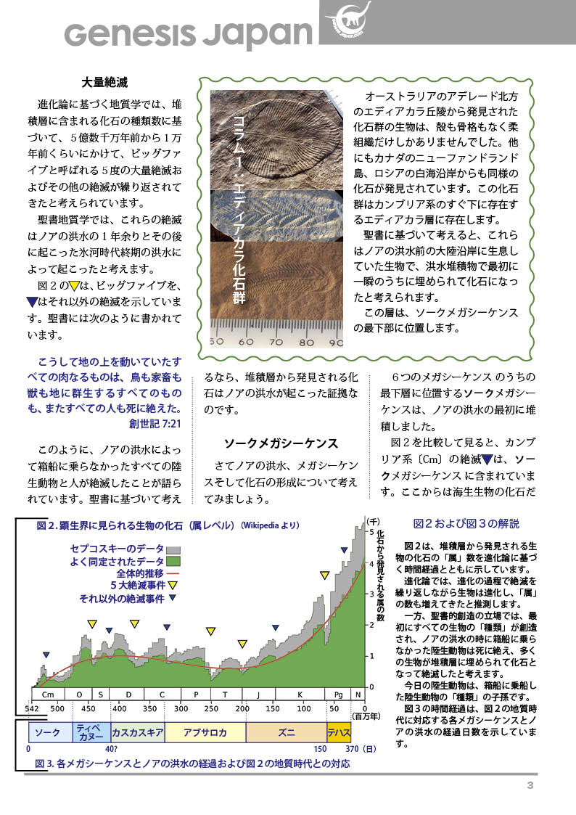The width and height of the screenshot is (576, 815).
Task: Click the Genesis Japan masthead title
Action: point(188,33)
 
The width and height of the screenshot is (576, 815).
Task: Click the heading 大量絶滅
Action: point(105,81)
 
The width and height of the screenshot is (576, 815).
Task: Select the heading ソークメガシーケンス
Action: point(280,443)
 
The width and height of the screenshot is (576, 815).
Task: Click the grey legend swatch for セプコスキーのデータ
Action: point(173,550)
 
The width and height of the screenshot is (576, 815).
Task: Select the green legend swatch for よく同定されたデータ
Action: point(173,562)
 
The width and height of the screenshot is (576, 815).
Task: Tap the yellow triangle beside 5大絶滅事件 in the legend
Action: point(173,585)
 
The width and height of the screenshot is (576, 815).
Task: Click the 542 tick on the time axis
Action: point(32,708)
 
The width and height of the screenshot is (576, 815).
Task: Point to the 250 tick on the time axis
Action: point(211,708)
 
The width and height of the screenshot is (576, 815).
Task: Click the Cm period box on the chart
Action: point(49,695)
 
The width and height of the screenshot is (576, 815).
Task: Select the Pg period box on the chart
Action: point(338,695)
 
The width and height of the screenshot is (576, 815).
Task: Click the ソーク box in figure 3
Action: point(47,732)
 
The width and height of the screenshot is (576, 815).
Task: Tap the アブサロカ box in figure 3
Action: point(205,732)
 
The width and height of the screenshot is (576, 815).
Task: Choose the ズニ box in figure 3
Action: point(286,732)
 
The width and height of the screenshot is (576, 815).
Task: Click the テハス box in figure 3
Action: point(339,732)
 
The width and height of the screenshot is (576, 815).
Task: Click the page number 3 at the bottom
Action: point(530,786)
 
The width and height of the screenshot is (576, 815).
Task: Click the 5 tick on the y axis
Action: point(372,532)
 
